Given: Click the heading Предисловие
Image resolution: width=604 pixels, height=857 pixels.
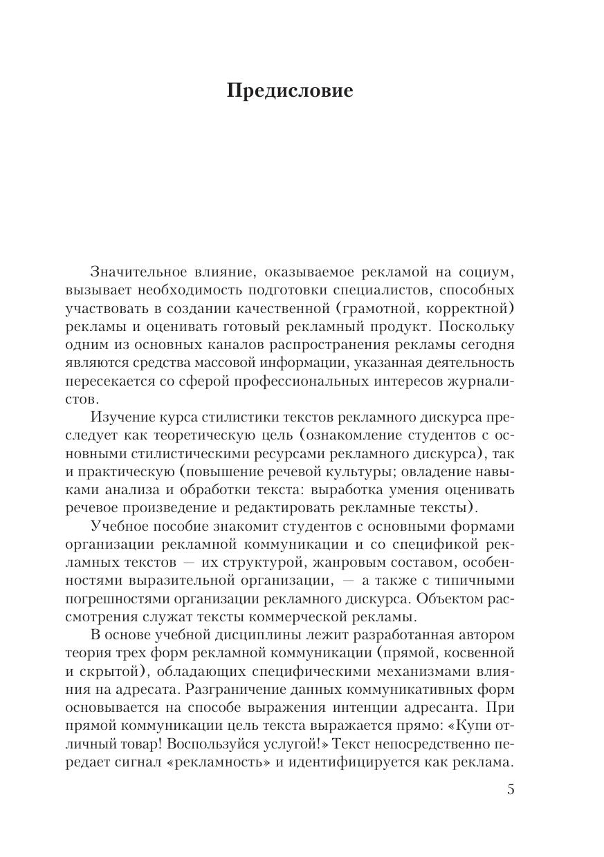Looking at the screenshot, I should pyautogui.click(x=290, y=91).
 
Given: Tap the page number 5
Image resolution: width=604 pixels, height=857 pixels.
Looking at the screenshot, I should pyautogui.click(x=511, y=789).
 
